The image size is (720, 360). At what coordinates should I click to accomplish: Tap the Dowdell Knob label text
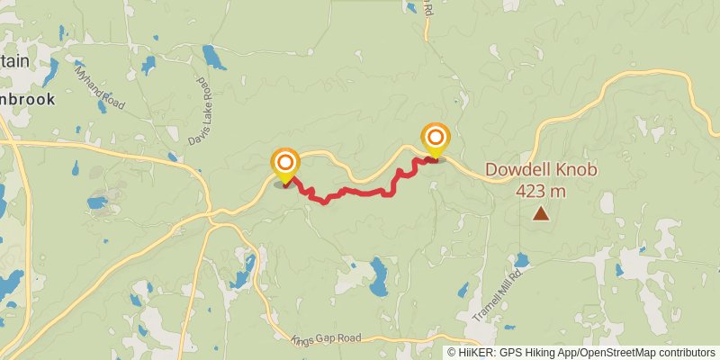pos(541,170)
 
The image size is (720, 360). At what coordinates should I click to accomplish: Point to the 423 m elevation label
pos(541,191)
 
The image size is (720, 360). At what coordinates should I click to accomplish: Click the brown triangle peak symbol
pos(541,213)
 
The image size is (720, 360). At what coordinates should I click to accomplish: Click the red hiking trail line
pos(360,193)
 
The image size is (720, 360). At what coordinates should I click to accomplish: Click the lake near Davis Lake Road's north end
pos(214,58)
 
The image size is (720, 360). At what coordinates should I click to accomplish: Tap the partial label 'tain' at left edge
pos(14,59)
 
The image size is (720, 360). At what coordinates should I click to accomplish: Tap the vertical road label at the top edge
pos(429,9)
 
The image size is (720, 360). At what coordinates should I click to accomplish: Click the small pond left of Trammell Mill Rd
pos(463,291)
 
